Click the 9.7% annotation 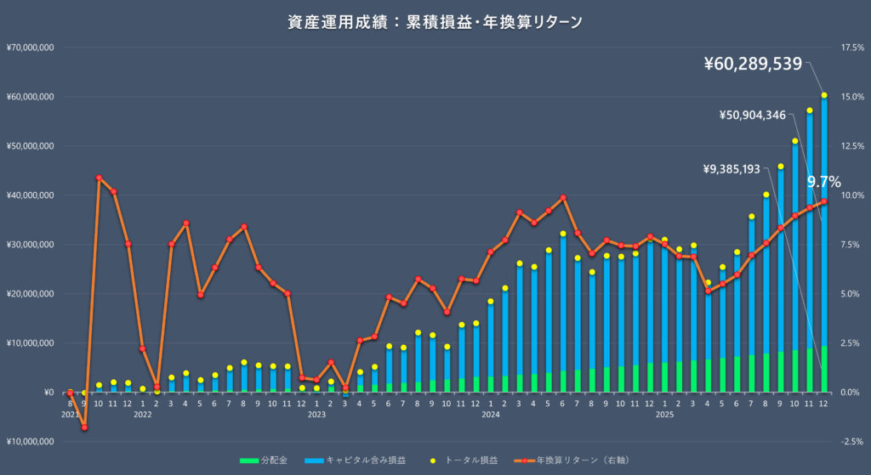coord(823,181)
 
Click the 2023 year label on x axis coord(316,415)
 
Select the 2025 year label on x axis coord(664,415)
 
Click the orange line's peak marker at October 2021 coord(99,178)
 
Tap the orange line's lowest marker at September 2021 coord(84,427)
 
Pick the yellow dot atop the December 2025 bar coord(824,95)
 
